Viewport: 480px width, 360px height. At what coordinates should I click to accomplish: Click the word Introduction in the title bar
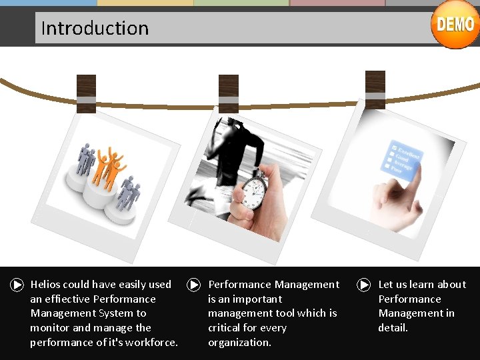(x=95, y=28)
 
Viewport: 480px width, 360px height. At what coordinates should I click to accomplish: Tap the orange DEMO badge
(x=455, y=25)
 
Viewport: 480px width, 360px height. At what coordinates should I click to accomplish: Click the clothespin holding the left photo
(x=86, y=93)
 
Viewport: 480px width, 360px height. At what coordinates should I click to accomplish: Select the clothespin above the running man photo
(x=228, y=93)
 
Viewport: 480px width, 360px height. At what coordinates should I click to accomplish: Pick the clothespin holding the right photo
(x=375, y=89)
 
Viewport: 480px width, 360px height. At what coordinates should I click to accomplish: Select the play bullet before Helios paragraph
(x=17, y=285)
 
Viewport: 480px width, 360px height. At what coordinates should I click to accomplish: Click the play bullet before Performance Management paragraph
(x=193, y=285)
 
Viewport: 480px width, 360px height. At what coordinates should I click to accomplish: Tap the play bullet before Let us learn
(x=364, y=285)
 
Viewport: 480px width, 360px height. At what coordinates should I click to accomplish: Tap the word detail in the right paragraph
(x=393, y=328)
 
